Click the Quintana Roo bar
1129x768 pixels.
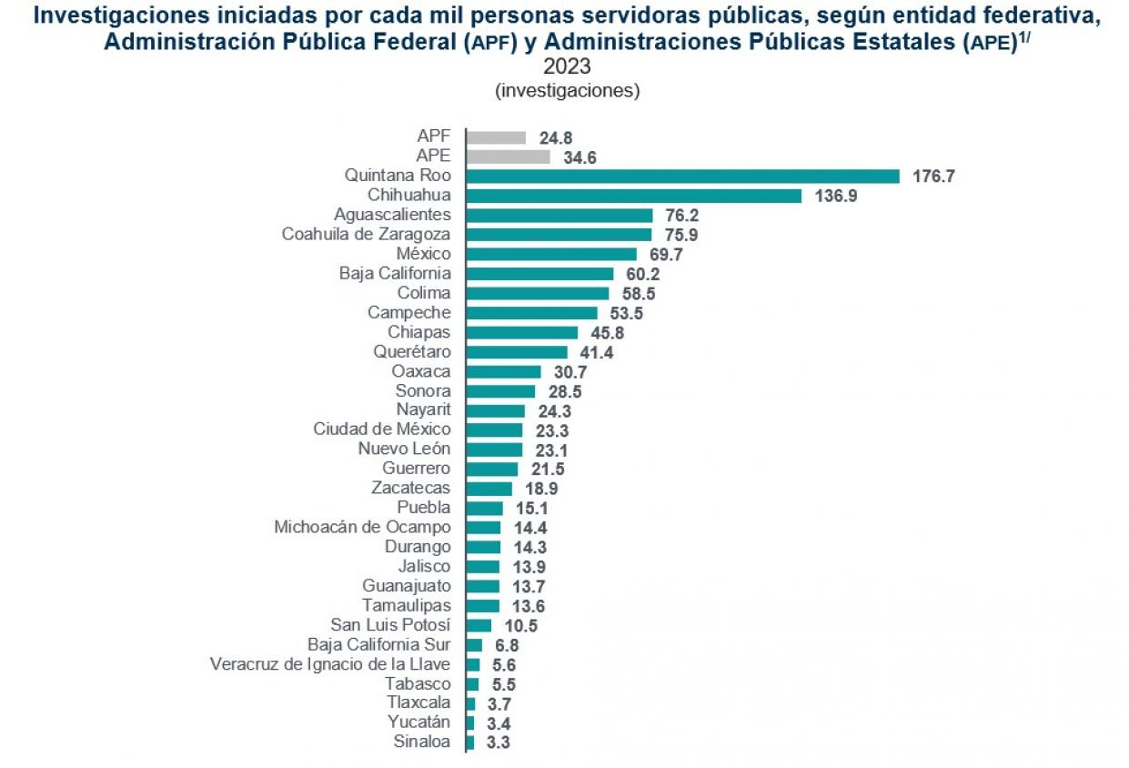click(682, 177)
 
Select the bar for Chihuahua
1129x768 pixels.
click(633, 196)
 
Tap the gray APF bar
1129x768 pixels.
click(496, 137)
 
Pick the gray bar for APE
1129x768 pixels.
click(508, 157)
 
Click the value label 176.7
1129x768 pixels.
click(933, 177)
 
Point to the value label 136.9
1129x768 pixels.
click(835, 196)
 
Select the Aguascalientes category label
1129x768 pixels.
click(392, 215)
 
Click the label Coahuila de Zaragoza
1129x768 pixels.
click(366, 235)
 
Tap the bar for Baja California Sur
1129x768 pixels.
click(474, 645)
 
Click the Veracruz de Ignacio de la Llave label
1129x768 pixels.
click(330, 664)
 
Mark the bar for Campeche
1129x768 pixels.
click(531, 313)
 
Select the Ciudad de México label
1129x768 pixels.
click(382, 429)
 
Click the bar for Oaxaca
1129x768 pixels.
click(503, 371)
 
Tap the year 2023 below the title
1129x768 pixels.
click(567, 67)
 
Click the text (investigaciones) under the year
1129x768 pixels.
click(567, 91)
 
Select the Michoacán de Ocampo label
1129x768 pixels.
click(362, 528)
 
